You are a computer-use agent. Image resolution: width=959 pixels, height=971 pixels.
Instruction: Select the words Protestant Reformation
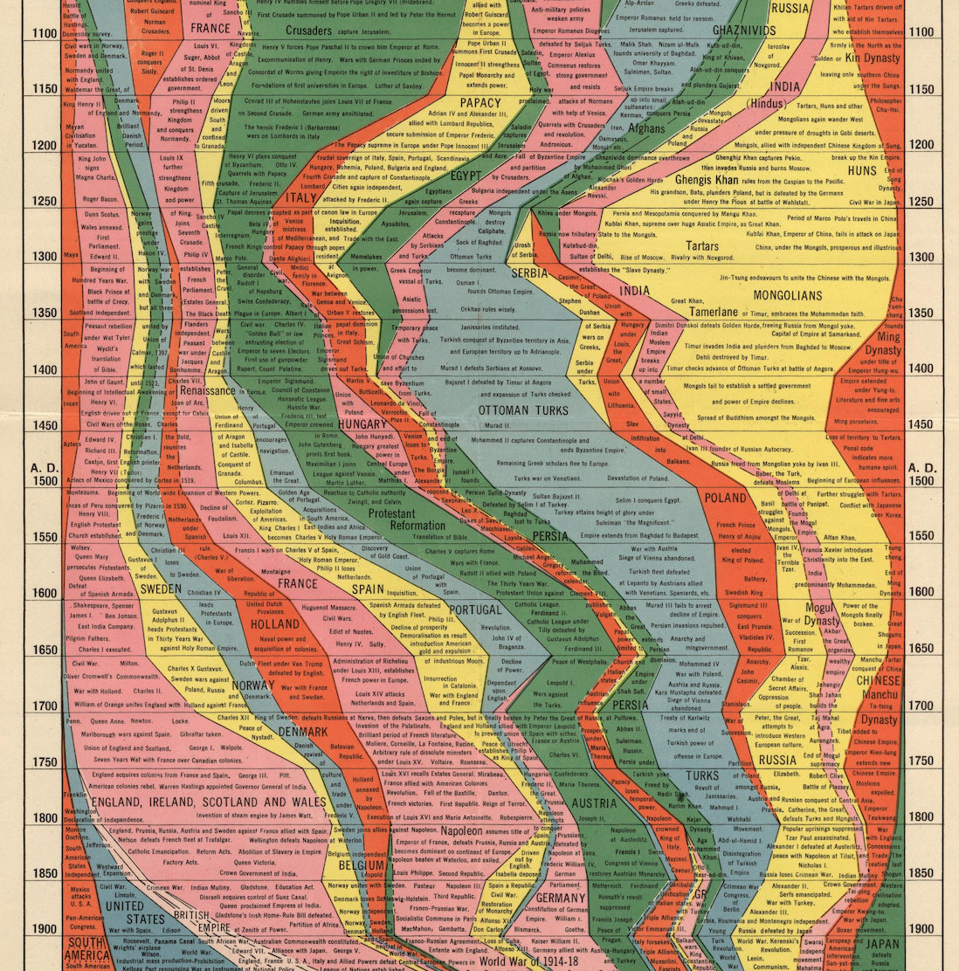coord(404,520)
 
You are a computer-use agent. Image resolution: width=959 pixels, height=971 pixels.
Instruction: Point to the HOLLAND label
coord(275,624)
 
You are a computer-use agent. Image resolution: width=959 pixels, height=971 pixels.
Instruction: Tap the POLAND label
coord(726,498)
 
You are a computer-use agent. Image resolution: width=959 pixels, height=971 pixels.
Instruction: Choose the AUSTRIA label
coord(594,802)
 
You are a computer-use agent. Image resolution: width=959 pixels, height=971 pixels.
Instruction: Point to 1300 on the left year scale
coord(45,257)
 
